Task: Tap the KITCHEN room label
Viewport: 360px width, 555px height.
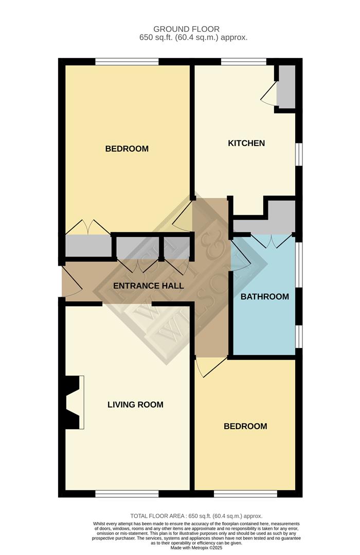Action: point(246,143)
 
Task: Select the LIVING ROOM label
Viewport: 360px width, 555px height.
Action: point(135,404)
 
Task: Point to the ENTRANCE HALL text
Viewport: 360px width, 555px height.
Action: point(148,286)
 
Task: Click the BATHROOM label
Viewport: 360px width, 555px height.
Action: point(265,297)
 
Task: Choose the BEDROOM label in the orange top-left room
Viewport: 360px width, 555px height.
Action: point(127,149)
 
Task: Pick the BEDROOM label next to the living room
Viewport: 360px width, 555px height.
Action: point(245,426)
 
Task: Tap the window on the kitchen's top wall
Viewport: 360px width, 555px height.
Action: point(243,62)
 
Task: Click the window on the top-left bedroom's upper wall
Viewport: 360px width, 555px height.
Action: point(127,62)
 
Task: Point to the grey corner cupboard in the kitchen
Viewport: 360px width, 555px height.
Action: point(286,86)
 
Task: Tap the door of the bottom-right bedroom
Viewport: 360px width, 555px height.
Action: point(210,366)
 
